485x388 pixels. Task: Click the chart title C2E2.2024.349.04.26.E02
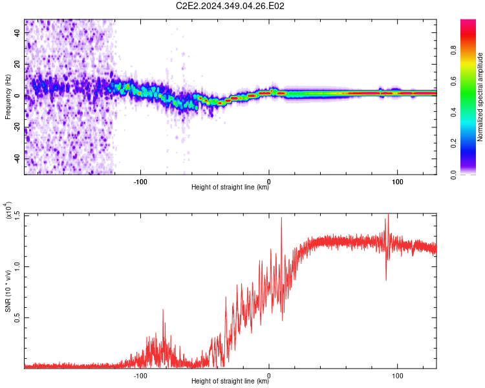click(x=230, y=6)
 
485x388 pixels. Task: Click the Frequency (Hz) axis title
click(x=8, y=97)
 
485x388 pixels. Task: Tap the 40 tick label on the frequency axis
click(x=17, y=32)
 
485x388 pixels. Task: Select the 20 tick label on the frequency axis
click(x=17, y=64)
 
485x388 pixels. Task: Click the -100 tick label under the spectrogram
click(x=140, y=182)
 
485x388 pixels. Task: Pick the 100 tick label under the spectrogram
click(x=398, y=182)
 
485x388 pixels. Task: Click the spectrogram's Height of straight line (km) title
click(x=230, y=187)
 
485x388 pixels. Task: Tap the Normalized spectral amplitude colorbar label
click(x=480, y=97)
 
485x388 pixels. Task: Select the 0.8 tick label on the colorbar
click(x=453, y=50)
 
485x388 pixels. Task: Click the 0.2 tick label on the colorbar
click(x=453, y=144)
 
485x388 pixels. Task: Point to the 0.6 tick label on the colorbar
click(x=453, y=81)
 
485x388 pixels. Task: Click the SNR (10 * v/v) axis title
click(x=8, y=291)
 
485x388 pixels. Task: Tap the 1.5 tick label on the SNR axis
click(x=17, y=214)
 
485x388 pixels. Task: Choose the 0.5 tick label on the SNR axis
click(x=17, y=318)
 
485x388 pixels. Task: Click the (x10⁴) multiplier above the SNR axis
click(x=8, y=210)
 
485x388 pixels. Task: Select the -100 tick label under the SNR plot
click(x=140, y=376)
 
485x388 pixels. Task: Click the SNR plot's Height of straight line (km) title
click(x=230, y=381)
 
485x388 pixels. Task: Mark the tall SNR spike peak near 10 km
click(x=281, y=217)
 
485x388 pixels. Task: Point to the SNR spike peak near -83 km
click(x=163, y=309)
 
